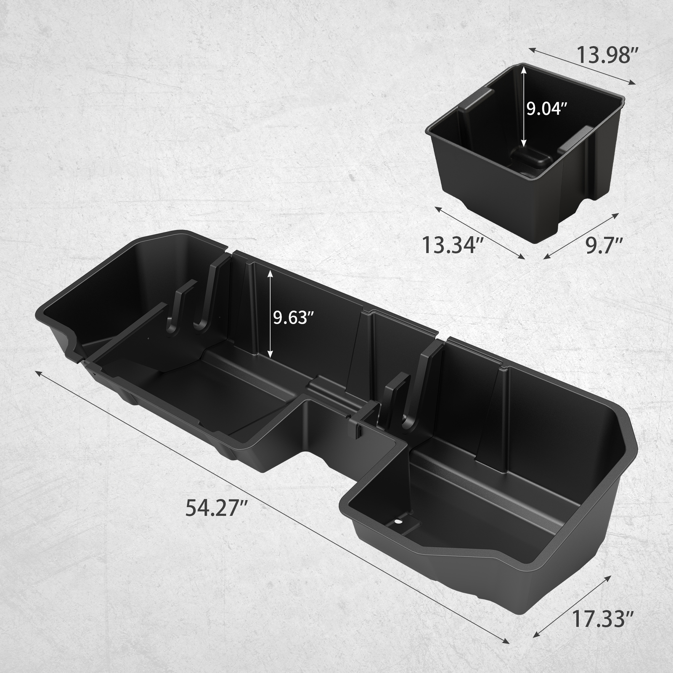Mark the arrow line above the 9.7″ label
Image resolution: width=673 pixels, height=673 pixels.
pos(582,236)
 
